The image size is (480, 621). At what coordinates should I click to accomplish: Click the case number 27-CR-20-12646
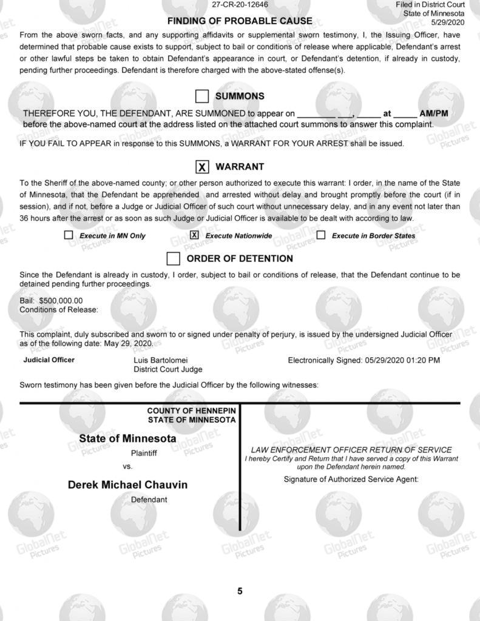click(240, 4)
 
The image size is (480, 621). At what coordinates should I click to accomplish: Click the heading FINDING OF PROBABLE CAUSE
click(240, 21)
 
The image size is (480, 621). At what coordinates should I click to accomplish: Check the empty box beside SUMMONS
click(202, 96)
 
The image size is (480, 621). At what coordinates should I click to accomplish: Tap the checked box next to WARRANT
click(202, 167)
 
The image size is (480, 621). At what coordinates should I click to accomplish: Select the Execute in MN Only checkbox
click(69, 235)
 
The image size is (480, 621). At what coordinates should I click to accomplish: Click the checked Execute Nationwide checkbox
click(194, 235)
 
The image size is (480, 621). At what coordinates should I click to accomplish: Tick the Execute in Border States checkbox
click(321, 235)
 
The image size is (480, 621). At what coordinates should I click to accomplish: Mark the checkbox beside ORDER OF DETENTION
click(174, 259)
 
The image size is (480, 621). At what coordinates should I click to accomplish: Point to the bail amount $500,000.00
click(61, 300)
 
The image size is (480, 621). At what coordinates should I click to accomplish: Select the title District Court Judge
click(168, 369)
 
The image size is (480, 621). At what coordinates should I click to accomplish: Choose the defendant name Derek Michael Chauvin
click(127, 485)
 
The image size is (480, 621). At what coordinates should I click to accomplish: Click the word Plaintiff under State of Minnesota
click(144, 452)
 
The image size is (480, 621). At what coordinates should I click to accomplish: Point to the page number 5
click(240, 591)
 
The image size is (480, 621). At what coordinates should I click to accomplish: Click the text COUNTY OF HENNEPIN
click(191, 411)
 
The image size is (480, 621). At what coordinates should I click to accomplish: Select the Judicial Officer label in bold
click(49, 360)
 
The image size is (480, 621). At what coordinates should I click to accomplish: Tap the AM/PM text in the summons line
click(433, 113)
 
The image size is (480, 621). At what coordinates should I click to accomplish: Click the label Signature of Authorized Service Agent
click(351, 479)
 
